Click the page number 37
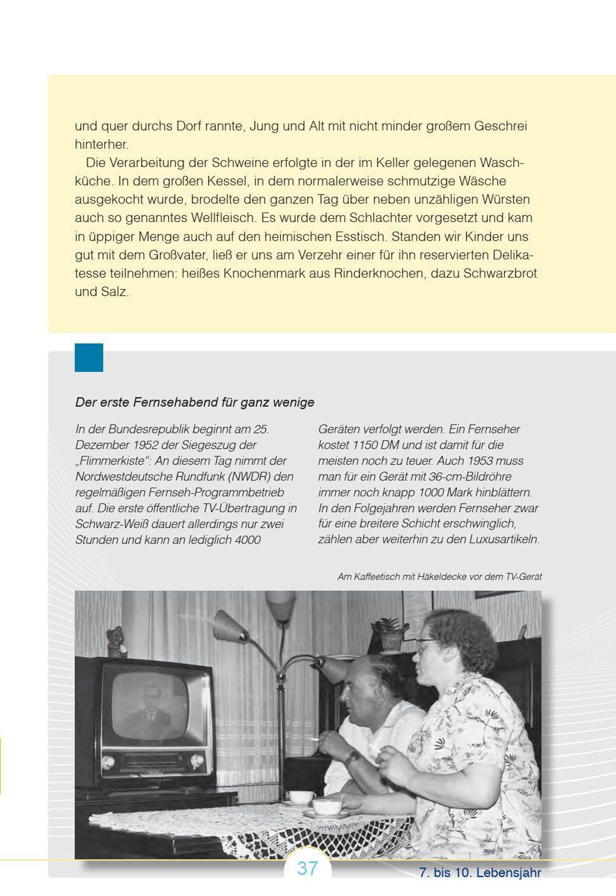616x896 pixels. tap(307, 869)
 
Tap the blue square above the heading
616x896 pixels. tap(89, 357)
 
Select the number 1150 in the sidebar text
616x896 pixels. tap(364, 445)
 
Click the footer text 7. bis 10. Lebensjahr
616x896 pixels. tap(480, 872)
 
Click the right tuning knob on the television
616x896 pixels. tap(197, 761)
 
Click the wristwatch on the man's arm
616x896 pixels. tap(352, 758)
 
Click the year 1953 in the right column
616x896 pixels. tap(480, 461)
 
